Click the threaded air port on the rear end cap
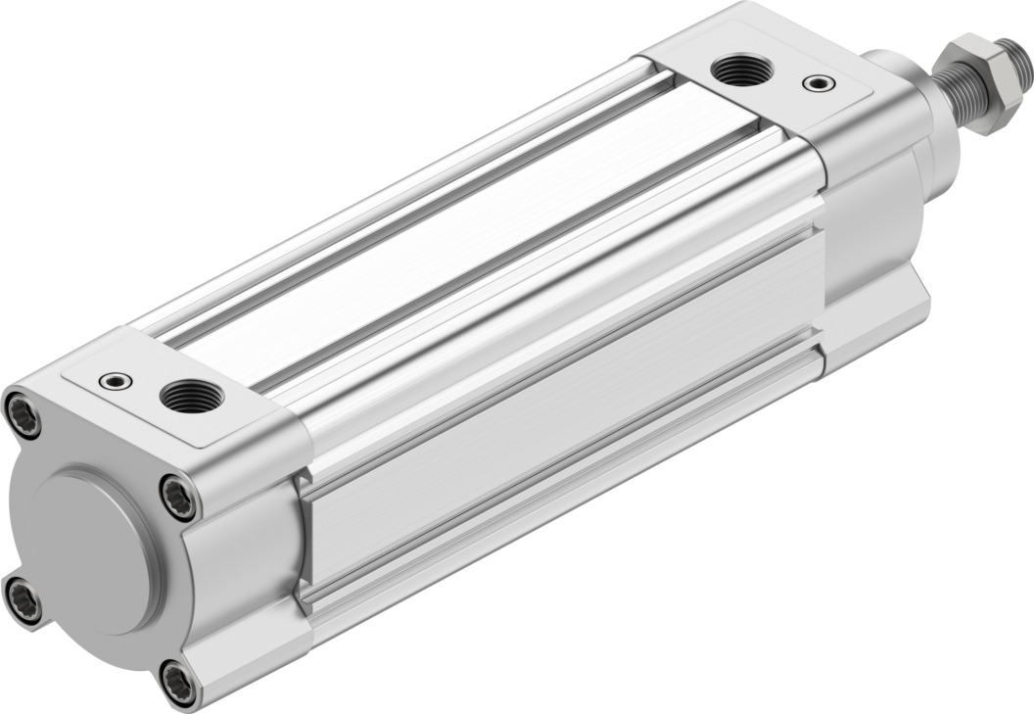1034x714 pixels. pyautogui.click(x=192, y=396)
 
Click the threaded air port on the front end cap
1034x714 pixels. pyautogui.click(x=741, y=70)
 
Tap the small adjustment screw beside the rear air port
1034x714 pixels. pyautogui.click(x=117, y=380)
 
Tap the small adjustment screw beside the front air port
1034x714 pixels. pyautogui.click(x=819, y=83)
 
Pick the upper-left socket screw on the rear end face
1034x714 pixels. pyautogui.click(x=23, y=414)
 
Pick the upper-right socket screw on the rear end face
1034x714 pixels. pyautogui.click(x=178, y=497)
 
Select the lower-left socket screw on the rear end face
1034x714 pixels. pyautogui.click(x=23, y=599)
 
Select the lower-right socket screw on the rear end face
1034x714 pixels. pyautogui.click(x=177, y=683)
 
